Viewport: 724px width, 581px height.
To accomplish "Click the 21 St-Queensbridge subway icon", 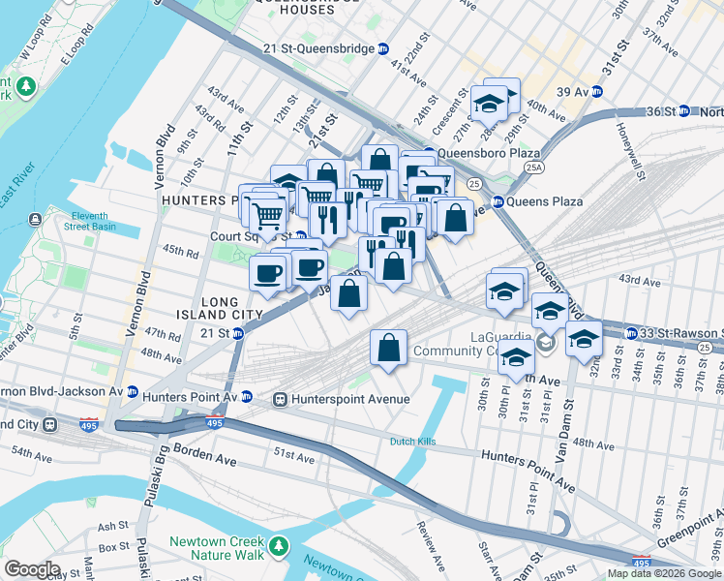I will [383, 48].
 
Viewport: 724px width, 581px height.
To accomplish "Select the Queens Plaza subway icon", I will [498, 201].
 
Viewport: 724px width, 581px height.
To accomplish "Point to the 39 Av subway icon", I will [598, 92].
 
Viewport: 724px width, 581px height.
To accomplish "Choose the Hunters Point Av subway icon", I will [246, 397].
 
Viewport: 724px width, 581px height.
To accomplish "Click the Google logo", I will [32, 569].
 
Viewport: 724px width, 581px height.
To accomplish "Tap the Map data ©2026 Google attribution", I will [664, 573].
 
